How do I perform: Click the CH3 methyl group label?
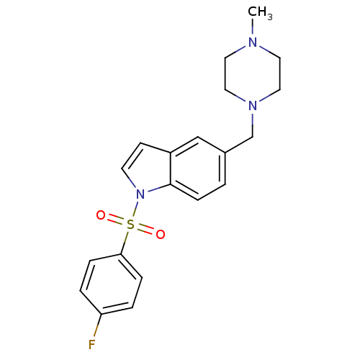[x=260, y=12]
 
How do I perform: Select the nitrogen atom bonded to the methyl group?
[x=253, y=42]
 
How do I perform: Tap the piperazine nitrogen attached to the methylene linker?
[x=253, y=106]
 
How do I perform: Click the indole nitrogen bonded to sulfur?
[x=140, y=194]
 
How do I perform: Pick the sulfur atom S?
[x=130, y=225]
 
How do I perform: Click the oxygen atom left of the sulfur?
[x=101, y=215]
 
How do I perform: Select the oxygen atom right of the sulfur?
[x=161, y=234]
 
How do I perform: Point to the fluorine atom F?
[x=92, y=345]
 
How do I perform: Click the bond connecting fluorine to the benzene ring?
[x=98, y=326]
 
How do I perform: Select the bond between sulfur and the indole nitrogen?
[x=135, y=210]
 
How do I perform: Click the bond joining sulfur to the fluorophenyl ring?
[x=125, y=243]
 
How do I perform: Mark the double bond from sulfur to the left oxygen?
[x=116, y=220]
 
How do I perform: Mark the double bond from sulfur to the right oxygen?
[x=145, y=230]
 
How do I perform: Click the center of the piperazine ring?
[x=253, y=74]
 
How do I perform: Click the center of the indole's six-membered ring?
[x=198, y=168]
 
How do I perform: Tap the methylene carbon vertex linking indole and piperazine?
[x=253, y=137]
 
